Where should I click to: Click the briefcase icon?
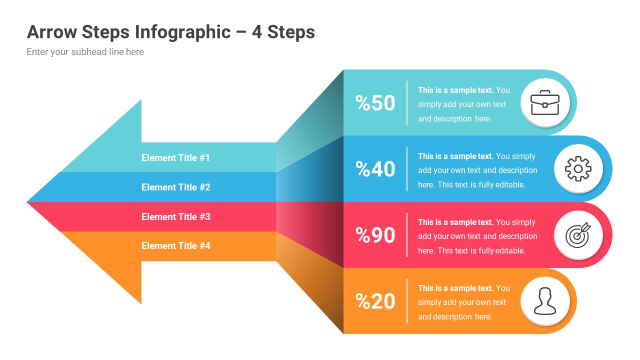545,102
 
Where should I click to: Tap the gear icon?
578,169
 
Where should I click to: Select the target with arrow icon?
578,235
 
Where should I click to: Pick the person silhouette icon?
545,301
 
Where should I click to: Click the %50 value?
375,103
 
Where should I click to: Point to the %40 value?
375,169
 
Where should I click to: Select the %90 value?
375,235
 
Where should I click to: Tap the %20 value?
375,301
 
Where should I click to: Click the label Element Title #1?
175,157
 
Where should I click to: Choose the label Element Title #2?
175,187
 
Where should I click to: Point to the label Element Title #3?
175,216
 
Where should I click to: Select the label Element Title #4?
175,245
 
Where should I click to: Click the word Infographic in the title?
182,32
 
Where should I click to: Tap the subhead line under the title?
85,52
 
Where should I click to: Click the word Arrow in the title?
51,32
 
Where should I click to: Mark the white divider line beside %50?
407,103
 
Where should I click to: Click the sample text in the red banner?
477,236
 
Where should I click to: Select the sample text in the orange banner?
463,302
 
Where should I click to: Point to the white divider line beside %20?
407,301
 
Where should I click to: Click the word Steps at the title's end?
291,32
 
